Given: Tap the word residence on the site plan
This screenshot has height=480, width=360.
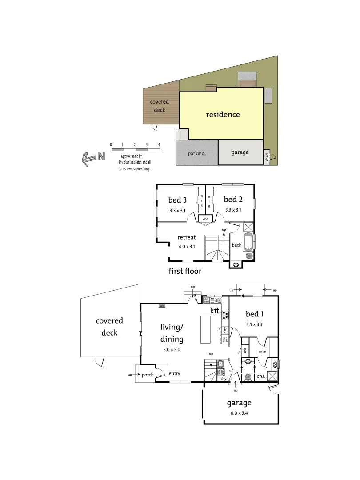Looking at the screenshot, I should [223, 115].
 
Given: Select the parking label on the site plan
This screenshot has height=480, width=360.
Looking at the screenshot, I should [196, 153].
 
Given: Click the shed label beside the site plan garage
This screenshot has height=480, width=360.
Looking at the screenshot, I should [267, 158].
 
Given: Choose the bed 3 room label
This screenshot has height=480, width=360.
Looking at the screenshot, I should [177, 200].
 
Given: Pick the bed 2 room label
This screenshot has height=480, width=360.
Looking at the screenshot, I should [233, 200].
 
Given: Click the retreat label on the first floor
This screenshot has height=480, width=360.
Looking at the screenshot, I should [187, 237].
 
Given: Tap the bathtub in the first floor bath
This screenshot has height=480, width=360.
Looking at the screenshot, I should [248, 242].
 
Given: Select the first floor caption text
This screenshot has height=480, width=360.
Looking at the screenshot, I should [185, 271].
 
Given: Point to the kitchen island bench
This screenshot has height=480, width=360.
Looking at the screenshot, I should [205, 329].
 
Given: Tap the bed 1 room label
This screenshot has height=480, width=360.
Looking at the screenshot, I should [255, 314].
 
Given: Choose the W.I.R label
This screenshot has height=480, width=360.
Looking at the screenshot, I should [262, 353].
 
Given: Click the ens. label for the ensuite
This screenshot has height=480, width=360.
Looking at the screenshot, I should [261, 376].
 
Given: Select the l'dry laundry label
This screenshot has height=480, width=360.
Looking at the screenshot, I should [222, 379].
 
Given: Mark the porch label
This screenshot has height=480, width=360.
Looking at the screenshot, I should [148, 375].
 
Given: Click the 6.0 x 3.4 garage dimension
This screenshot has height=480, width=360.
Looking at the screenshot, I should [239, 412].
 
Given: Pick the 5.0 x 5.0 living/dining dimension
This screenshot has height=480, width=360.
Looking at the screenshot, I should [172, 350].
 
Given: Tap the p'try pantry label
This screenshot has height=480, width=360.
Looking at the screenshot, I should [225, 330].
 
